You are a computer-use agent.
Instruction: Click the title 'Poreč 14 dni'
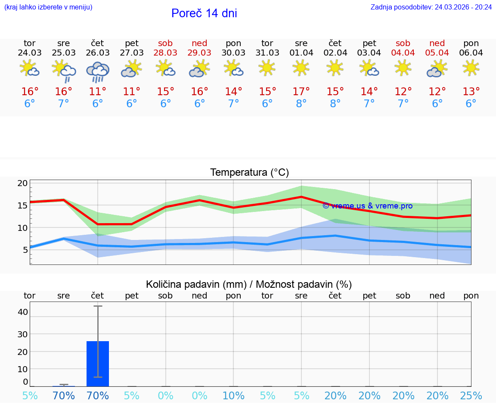204,13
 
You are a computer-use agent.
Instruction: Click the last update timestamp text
431,7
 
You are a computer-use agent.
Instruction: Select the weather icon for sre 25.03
64,70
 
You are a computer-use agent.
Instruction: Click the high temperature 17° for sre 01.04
301,92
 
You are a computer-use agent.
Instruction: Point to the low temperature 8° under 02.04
335,104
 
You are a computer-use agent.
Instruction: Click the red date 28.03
165,53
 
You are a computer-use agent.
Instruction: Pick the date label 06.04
471,53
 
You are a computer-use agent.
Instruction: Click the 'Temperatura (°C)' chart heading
249,173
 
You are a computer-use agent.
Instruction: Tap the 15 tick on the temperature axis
22,205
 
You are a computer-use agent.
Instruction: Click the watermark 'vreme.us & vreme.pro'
368,206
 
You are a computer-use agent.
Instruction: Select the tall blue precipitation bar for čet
98,364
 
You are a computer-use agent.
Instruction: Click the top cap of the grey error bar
98,306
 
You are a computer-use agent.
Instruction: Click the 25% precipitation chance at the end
471,396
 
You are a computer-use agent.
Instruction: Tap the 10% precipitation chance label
233,396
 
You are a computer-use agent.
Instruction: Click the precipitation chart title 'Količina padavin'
249,284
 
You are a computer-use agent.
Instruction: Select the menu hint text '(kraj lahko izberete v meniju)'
48,7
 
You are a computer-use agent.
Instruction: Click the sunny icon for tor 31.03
267,68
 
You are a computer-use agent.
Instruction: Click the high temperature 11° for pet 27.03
131,92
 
